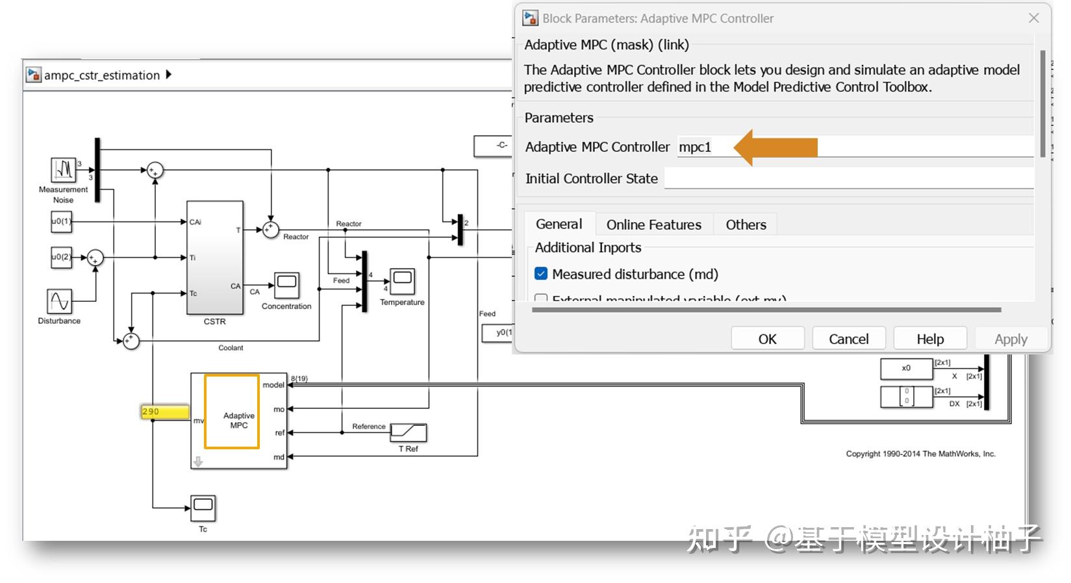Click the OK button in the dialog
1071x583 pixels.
[x=767, y=338]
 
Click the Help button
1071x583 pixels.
[x=929, y=338]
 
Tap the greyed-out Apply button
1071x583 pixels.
[x=1010, y=338]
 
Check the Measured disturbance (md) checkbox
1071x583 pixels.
[x=541, y=274]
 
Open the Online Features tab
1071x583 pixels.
[x=653, y=225]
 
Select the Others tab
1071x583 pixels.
[x=746, y=225]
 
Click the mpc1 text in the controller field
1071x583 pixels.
[x=695, y=147]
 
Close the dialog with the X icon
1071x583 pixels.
[x=1033, y=18]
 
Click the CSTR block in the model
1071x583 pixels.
[x=215, y=258]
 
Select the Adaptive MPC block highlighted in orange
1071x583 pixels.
[x=232, y=412]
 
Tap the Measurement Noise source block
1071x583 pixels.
[x=64, y=169]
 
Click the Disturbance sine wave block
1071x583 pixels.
[x=60, y=301]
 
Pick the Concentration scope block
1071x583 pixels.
[x=286, y=285]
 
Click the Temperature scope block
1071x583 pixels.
[x=402, y=281]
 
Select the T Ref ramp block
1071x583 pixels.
[x=412, y=432]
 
